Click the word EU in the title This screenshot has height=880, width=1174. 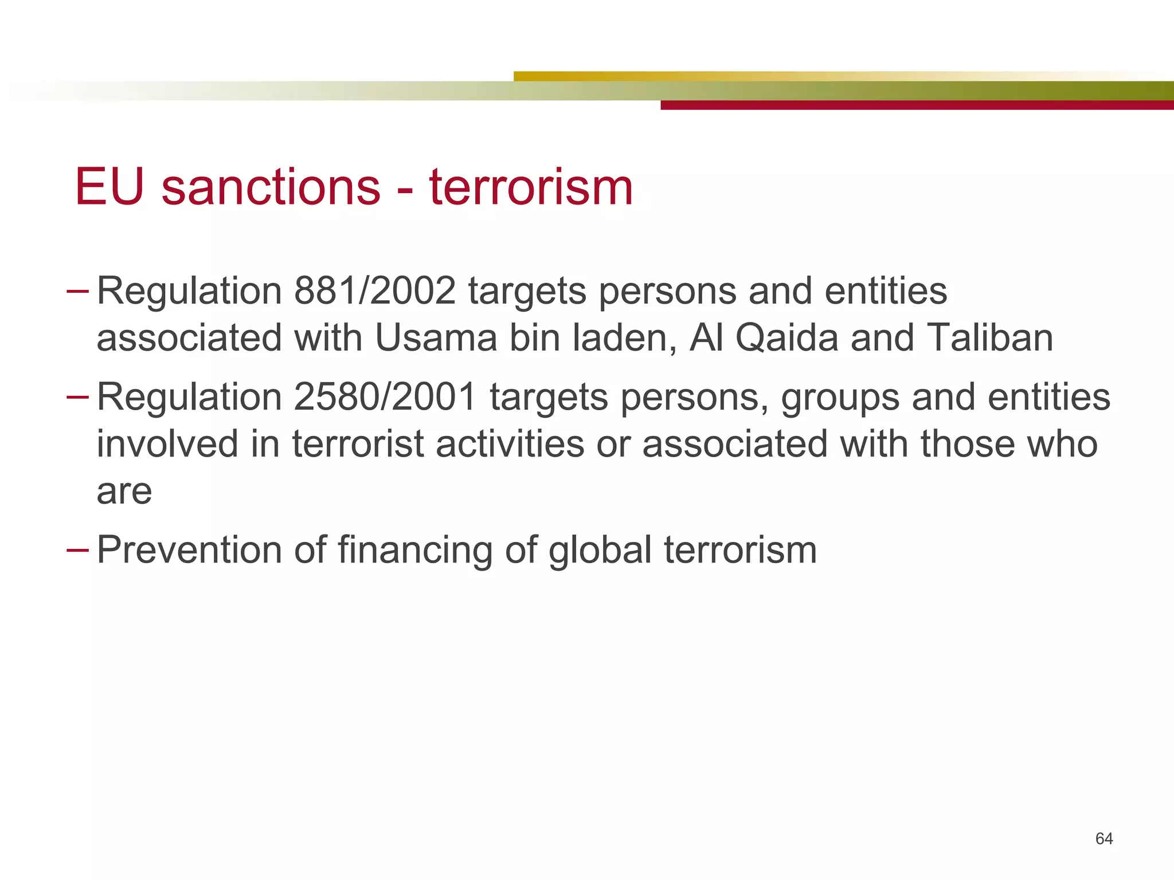(109, 187)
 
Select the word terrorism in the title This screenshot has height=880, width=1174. (531, 187)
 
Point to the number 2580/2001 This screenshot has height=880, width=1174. (385, 397)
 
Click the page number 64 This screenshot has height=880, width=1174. (1103, 839)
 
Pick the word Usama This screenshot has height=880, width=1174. (436, 338)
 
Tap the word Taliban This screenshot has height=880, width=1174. (990, 338)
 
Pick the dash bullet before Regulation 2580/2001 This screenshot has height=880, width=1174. (77, 397)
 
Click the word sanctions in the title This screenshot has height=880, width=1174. (271, 187)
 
